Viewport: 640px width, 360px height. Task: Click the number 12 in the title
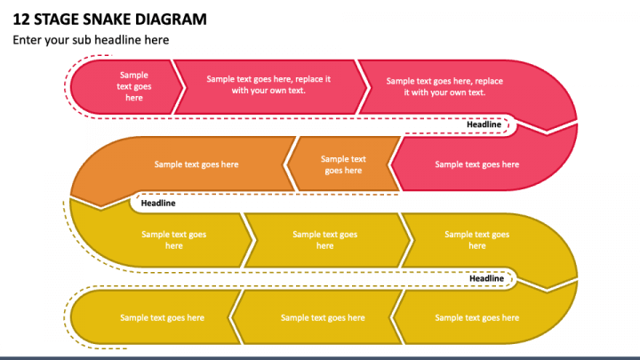(x=20, y=19)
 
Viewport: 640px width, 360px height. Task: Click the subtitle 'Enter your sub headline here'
(x=90, y=40)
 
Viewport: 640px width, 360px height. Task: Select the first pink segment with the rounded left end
(x=129, y=87)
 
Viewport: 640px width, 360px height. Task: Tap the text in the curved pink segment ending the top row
(x=444, y=87)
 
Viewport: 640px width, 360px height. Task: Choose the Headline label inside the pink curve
(x=484, y=124)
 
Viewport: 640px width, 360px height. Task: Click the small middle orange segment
(x=343, y=164)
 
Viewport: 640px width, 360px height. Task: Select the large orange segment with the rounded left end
(x=191, y=164)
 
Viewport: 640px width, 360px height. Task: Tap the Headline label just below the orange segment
(x=158, y=203)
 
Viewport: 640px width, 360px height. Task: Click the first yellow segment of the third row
(x=169, y=240)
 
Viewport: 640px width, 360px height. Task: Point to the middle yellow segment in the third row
(x=325, y=240)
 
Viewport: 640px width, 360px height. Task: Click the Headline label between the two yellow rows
(x=487, y=278)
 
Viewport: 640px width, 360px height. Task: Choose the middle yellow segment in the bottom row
(x=323, y=317)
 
